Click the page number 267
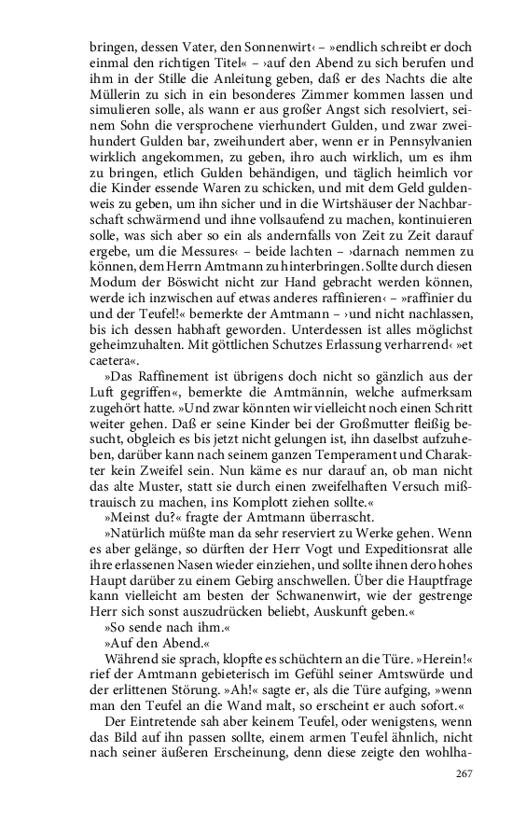pyautogui.click(x=464, y=773)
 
